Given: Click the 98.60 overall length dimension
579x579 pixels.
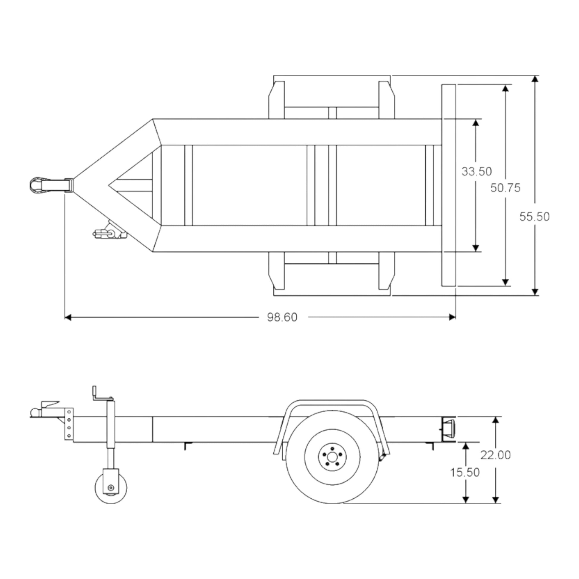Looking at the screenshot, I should coord(282,317).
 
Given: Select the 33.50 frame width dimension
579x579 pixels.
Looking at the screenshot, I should coord(477,171).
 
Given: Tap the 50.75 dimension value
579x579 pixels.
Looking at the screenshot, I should coord(505,188).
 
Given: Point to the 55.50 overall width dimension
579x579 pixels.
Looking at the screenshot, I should coord(534,217).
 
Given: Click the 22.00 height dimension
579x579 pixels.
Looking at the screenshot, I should coord(496,455).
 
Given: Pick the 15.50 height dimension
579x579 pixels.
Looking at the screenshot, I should coord(465,472).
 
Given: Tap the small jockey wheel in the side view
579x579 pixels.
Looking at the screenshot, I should coord(111,488).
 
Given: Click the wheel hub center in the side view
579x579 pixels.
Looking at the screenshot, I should coord(332,457).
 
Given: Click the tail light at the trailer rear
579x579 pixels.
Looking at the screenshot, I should coord(449,429).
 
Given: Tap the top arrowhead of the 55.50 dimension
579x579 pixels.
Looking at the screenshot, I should coord(535,79).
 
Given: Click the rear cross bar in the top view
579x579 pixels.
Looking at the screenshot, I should coord(449,185).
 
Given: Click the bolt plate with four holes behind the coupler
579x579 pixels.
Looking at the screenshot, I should coord(69,424).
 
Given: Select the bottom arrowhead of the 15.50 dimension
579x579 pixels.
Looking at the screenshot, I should coord(465,500).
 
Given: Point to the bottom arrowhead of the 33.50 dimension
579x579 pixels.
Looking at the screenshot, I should coord(475,248).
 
